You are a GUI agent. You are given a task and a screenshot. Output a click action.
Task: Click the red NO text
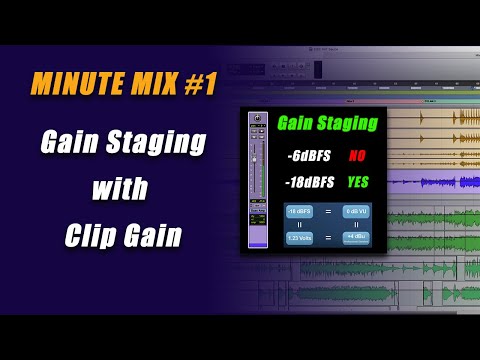(x=356, y=156)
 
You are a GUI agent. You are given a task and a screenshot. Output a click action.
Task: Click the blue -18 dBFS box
(x=299, y=211)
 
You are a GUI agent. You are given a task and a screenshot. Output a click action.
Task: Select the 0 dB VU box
(x=356, y=211)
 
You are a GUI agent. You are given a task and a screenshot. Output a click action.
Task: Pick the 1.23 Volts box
(x=299, y=238)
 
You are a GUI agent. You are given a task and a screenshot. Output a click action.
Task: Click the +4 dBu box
(x=356, y=238)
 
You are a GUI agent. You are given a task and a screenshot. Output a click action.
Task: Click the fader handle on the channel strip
(x=255, y=160)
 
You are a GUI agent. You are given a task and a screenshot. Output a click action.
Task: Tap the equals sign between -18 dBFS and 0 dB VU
(x=328, y=211)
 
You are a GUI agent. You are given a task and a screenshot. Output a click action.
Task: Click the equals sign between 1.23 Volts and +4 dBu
(x=328, y=238)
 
